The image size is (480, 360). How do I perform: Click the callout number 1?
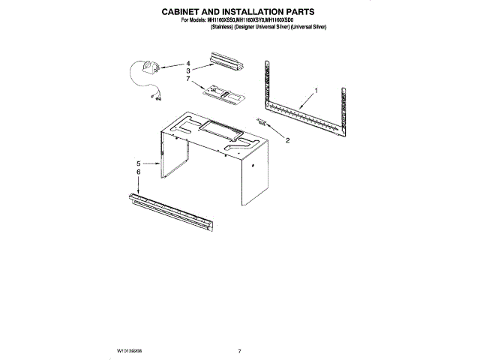point(316,90)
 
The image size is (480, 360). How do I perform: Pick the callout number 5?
point(139,162)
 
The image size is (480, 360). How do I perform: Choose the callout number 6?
point(139,171)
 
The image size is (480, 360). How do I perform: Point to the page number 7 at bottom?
point(238,350)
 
